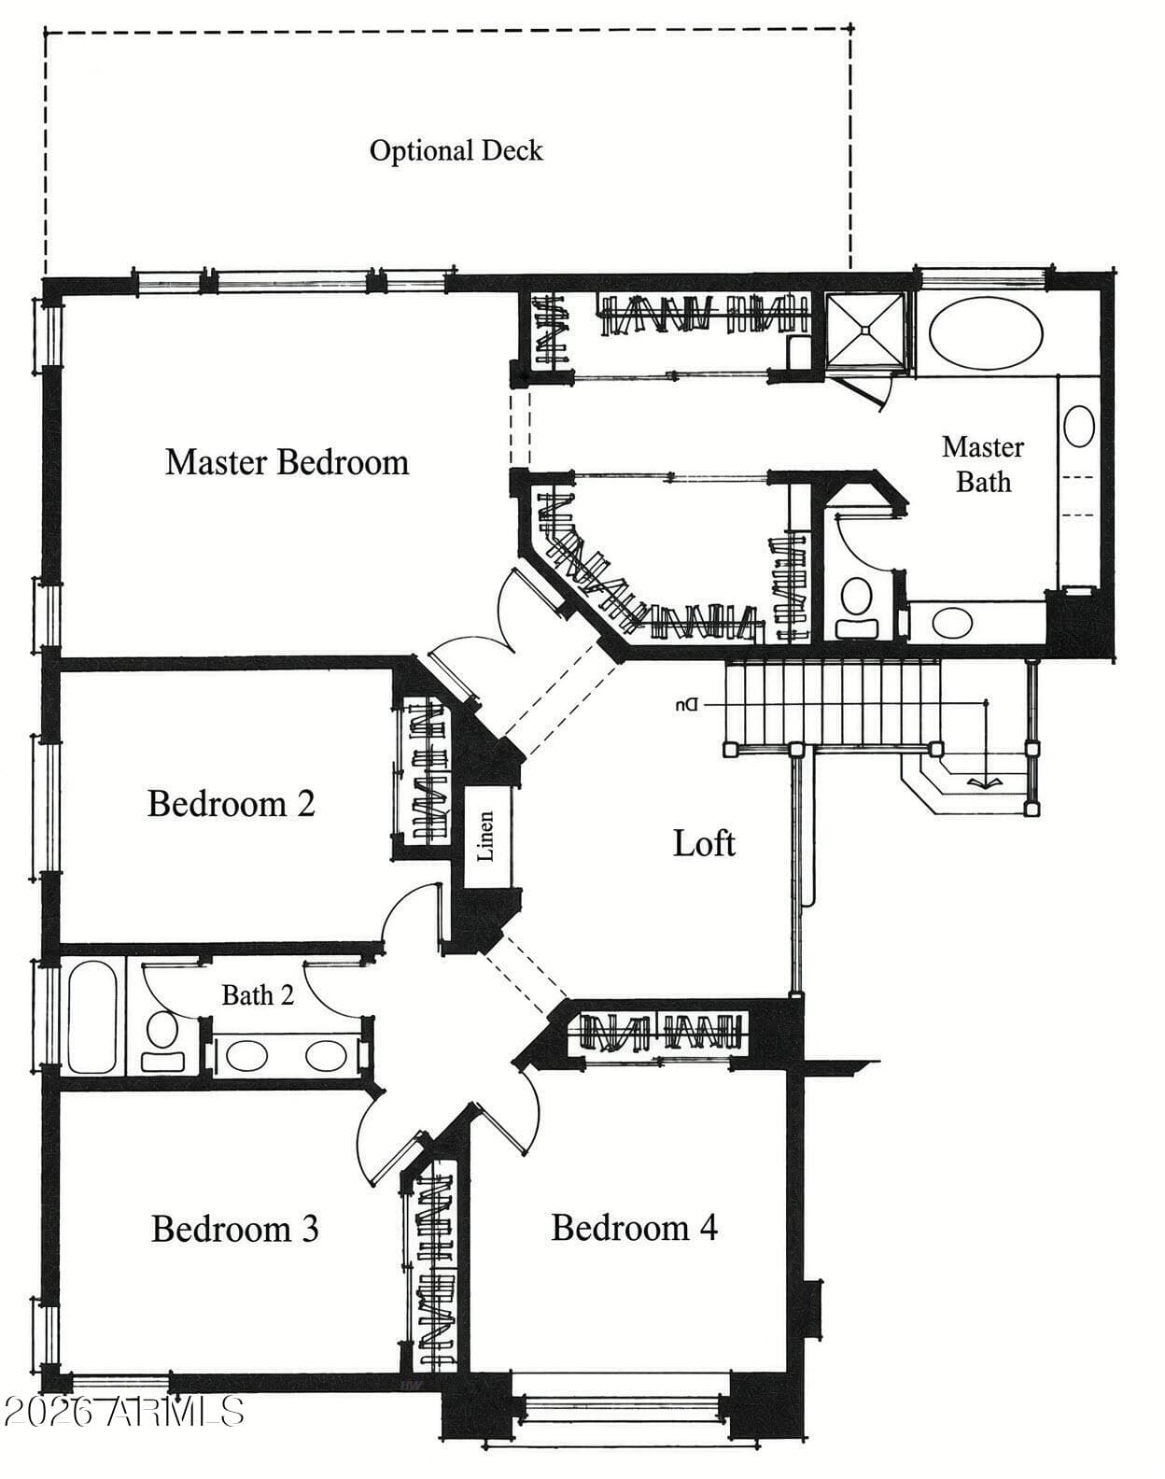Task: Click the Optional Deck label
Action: [x=456, y=150]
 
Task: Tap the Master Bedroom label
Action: [x=287, y=462]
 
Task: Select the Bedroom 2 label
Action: [x=231, y=803]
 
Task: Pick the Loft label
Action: [x=704, y=843]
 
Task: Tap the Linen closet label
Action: [x=486, y=836]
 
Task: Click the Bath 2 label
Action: [x=258, y=994]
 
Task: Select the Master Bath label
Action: [x=983, y=465]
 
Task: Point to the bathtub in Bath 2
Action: [x=92, y=1017]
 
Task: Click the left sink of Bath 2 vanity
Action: [x=246, y=1056]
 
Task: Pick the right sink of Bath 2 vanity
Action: [x=326, y=1056]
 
